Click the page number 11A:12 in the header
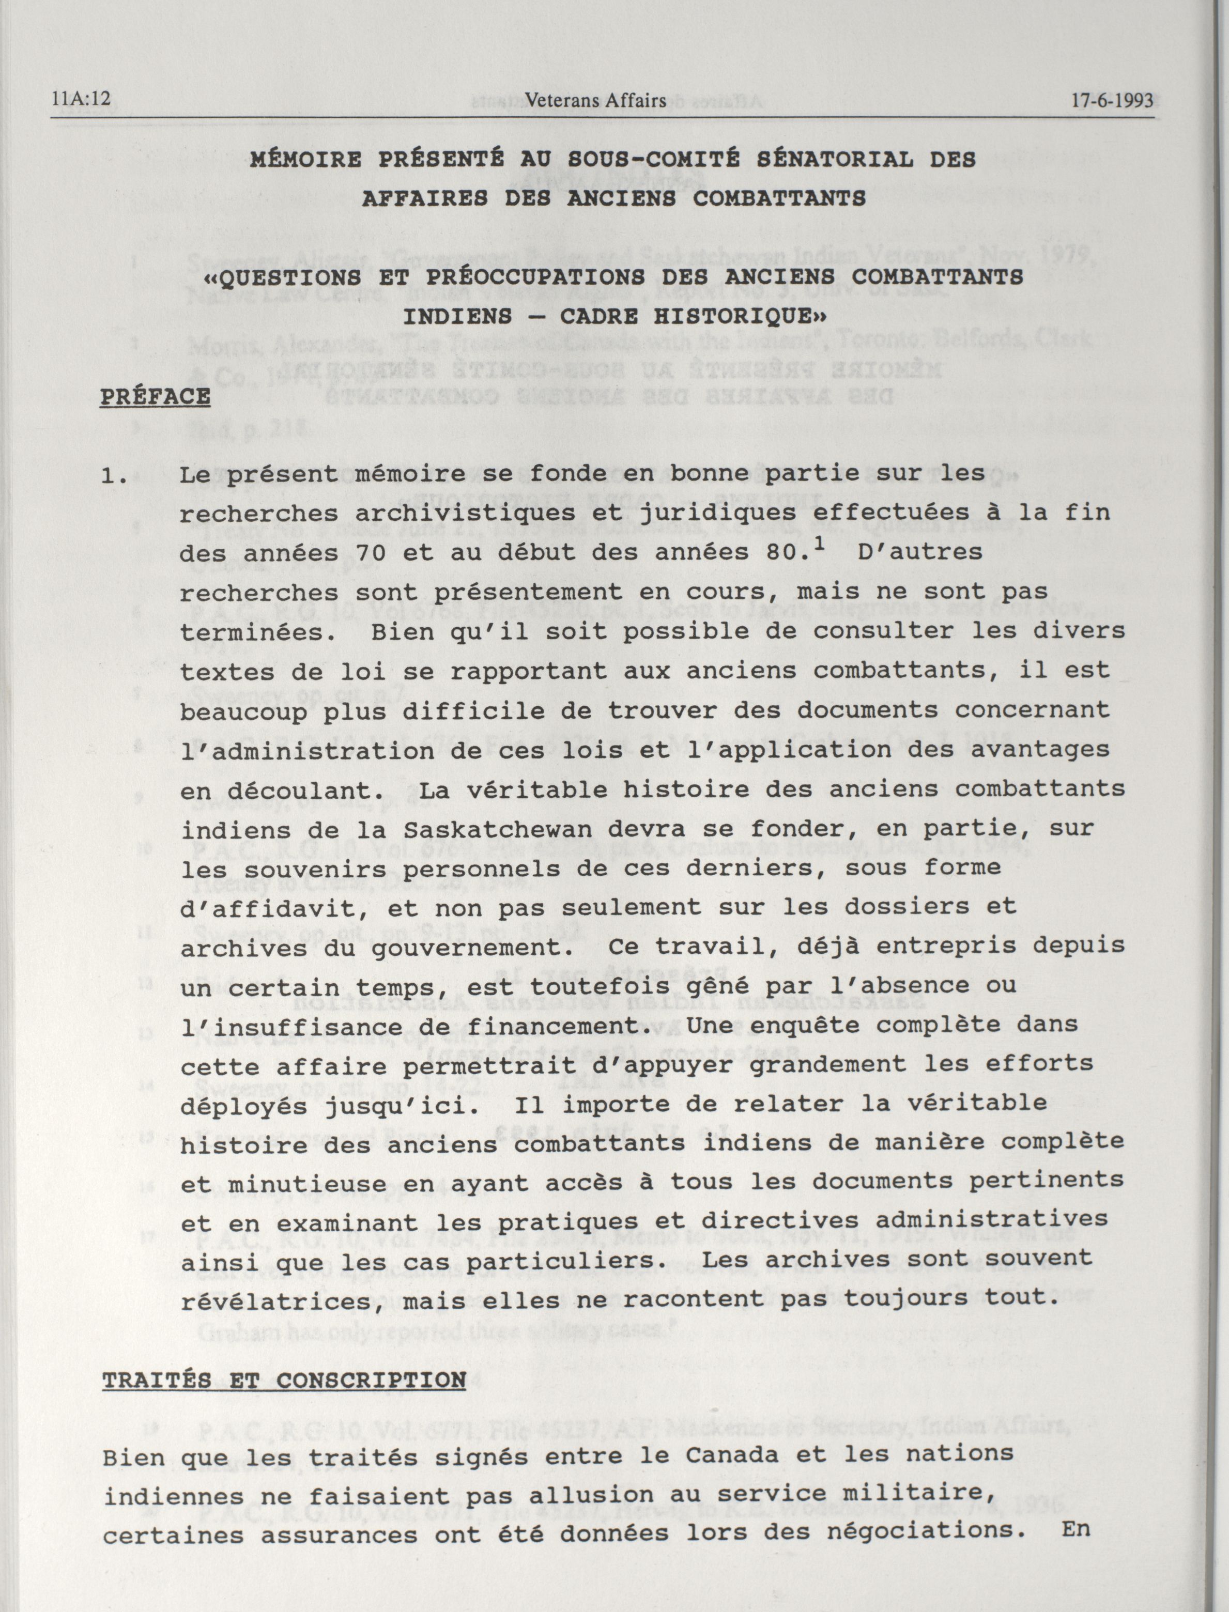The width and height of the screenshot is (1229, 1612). point(81,100)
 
